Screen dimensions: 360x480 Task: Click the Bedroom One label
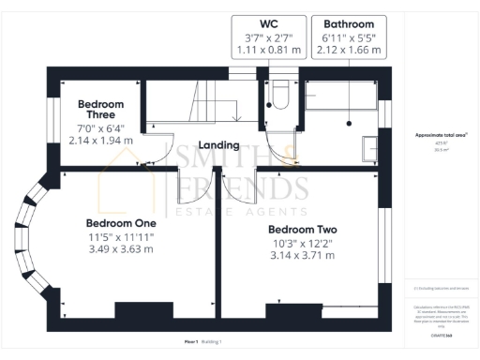coord(120,222)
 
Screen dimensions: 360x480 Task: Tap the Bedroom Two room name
coord(302,229)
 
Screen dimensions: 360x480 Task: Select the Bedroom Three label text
coord(100,109)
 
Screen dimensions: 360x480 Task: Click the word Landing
coord(217,146)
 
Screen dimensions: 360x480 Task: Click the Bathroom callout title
coord(349,23)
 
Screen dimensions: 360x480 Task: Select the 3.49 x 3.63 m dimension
coord(120,249)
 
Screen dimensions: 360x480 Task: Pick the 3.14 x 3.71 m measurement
coord(302,255)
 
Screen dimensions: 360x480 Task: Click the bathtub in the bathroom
coord(342,99)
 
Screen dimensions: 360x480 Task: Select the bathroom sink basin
coord(367,147)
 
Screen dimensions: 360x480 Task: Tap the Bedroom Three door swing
coord(155,150)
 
